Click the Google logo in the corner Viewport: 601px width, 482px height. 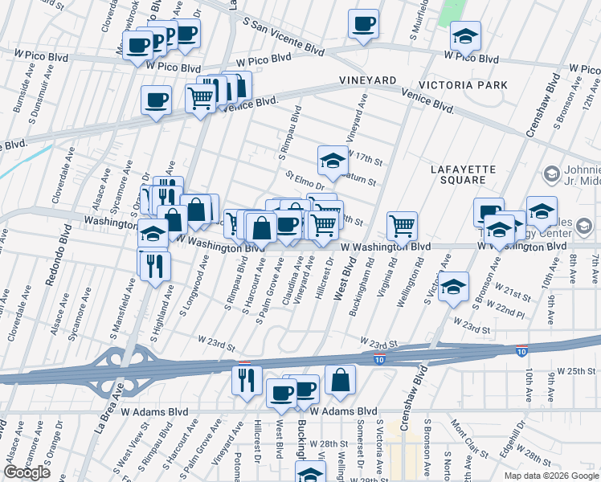27,472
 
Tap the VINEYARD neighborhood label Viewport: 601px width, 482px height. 367,82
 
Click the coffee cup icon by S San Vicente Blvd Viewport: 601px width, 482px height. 363,24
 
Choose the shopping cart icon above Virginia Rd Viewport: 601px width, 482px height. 402,227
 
